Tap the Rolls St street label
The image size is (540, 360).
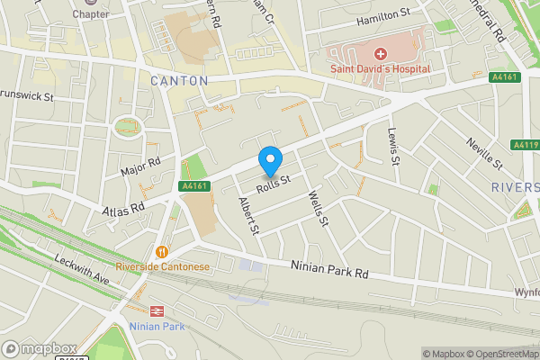click(x=274, y=184)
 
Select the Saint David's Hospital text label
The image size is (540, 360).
click(x=380, y=68)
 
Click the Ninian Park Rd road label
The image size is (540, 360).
click(x=330, y=269)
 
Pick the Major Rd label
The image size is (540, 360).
click(x=139, y=166)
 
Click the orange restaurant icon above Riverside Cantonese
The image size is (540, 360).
click(x=162, y=252)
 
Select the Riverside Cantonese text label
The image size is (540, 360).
click(x=162, y=266)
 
